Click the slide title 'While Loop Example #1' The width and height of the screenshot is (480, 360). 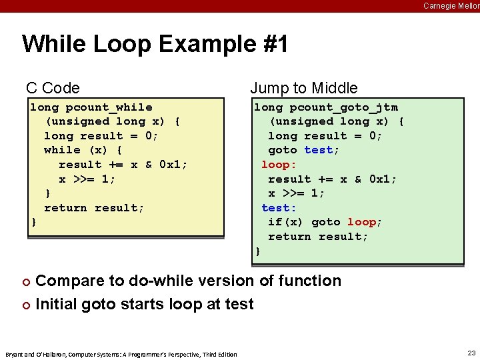point(155,45)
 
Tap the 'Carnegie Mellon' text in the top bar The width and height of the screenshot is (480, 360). point(451,5)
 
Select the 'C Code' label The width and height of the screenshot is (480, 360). point(53,88)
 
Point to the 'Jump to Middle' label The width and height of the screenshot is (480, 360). point(303,88)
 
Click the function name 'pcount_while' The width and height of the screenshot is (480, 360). point(109,107)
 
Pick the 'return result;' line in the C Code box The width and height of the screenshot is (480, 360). point(94,208)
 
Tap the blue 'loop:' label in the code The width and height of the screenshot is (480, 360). point(279,165)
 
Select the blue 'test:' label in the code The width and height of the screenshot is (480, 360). point(279,208)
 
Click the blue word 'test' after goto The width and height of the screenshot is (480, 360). point(318,150)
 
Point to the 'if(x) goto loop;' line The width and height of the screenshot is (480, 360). point(325,222)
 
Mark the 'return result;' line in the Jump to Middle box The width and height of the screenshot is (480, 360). point(317,237)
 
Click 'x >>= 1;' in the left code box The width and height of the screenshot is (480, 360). point(87,179)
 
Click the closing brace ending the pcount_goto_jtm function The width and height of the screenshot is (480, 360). point(257,251)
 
